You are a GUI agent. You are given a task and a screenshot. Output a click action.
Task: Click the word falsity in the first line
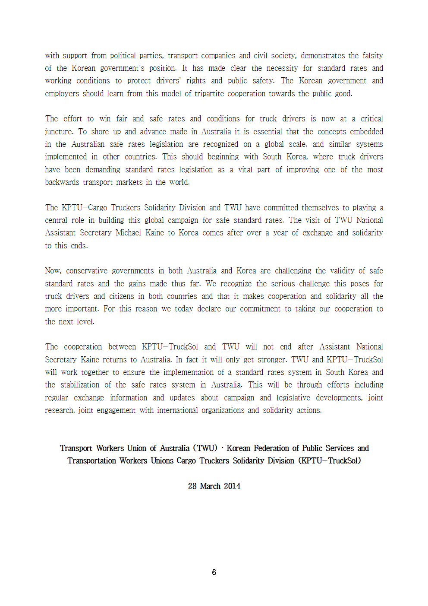(x=372, y=56)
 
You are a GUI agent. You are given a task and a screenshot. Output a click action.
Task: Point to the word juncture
(x=59, y=132)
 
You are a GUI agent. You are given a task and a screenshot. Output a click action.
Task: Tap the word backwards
(x=62, y=182)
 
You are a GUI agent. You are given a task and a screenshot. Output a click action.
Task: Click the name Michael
(x=128, y=233)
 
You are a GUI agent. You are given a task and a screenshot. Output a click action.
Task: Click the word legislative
(x=293, y=398)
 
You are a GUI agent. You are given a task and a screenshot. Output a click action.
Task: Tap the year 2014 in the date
(x=232, y=486)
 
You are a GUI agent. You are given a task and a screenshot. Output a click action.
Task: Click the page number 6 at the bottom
(x=214, y=572)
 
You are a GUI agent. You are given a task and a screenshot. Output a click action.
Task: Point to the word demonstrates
(x=323, y=56)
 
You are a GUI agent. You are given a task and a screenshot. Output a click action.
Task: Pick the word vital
(x=245, y=170)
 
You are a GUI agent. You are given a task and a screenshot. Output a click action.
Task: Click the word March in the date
(x=210, y=486)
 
